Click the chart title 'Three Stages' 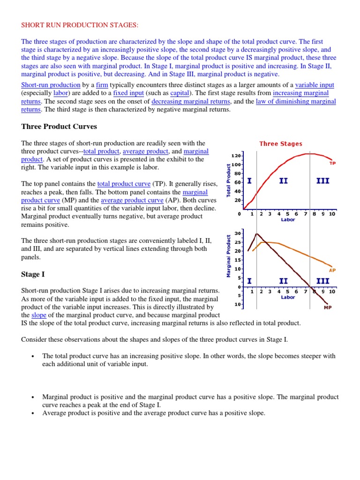[281, 144]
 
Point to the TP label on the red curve [332, 163]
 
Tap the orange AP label [332, 270]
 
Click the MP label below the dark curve [328, 308]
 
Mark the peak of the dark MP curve [256, 234]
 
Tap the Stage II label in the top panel [283, 181]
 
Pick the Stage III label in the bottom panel [322, 281]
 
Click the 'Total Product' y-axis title [229, 180]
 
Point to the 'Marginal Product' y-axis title [229, 255]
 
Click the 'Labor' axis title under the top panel [288, 219]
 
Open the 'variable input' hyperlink [315, 85]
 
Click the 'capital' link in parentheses [180, 93]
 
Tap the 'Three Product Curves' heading [59, 127]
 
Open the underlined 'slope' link [38, 315]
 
